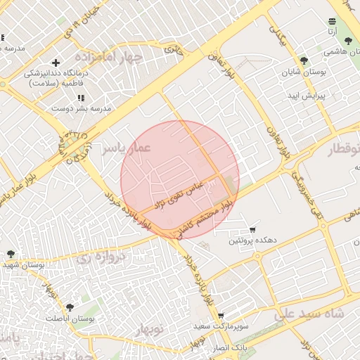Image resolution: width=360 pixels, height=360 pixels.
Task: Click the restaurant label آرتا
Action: [x=332, y=32]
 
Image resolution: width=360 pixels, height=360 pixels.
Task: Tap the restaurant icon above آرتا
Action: [x=332, y=21]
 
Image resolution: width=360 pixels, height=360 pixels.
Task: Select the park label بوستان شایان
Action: [x=304, y=72]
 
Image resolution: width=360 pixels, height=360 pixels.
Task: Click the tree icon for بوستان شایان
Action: [x=304, y=61]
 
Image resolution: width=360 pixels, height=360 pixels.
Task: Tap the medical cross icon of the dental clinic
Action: [x=56, y=63]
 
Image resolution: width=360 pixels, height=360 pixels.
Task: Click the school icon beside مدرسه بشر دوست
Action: [x=80, y=98]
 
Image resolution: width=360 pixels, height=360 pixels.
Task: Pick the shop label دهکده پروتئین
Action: [x=252, y=240]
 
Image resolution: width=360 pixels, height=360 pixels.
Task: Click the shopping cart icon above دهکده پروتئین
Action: [x=252, y=230]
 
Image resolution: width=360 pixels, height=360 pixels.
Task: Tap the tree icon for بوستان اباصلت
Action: [x=70, y=307]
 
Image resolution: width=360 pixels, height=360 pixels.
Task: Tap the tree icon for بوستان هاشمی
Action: [x=348, y=41]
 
